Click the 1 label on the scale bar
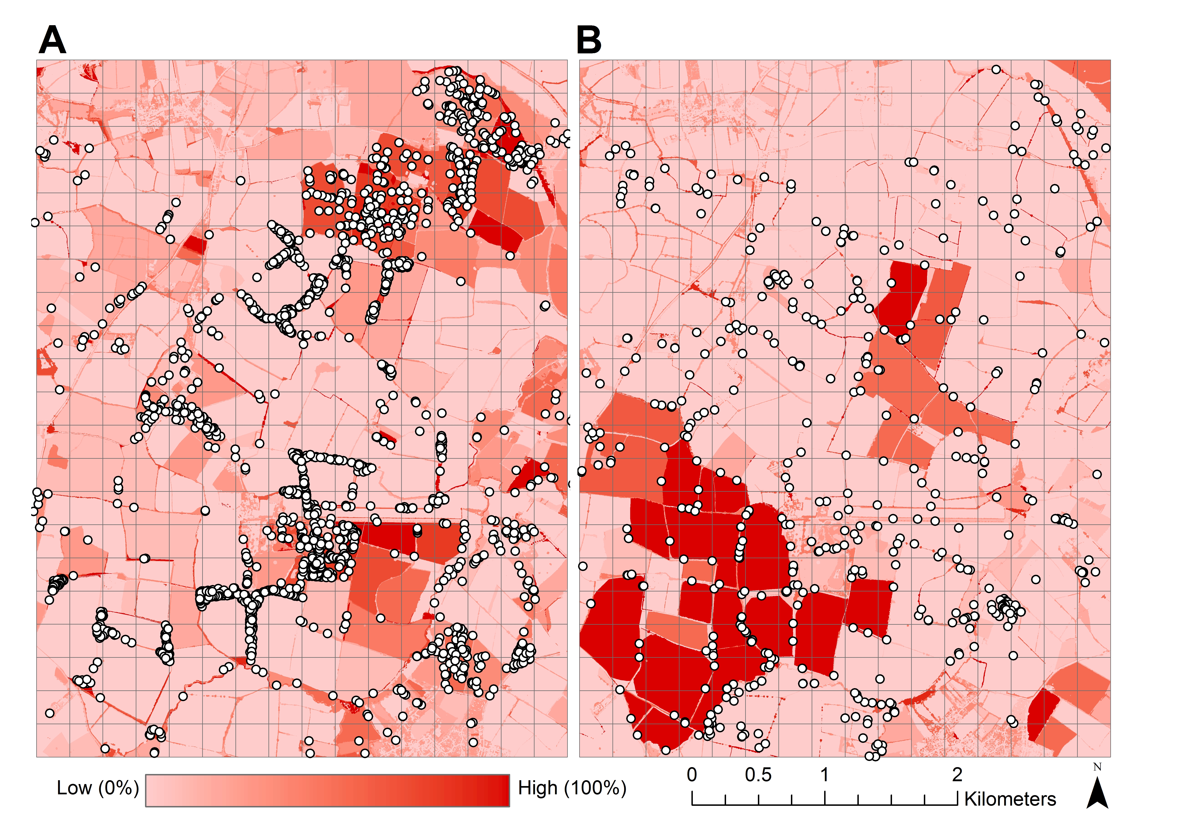[x=825, y=775]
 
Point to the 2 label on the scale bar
[x=957, y=775]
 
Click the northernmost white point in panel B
[x=996, y=69]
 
